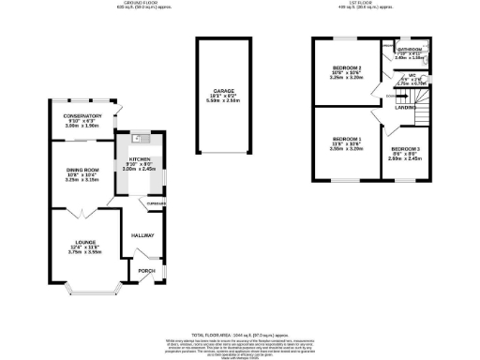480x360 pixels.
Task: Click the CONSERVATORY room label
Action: pos(82,115)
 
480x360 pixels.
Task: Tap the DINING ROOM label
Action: pos(82,169)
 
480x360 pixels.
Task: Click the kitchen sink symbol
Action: pos(137,139)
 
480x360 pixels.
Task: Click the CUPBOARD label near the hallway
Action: pos(152,203)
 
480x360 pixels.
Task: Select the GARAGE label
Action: pos(222,91)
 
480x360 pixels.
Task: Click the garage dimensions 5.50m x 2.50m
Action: pos(222,101)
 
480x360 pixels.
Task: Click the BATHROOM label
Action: pos(411,49)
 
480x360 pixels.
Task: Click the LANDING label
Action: pos(406,108)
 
